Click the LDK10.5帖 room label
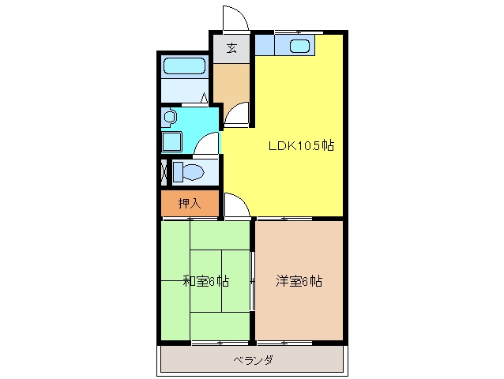(301, 146)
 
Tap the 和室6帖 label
(206, 281)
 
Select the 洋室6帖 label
(299, 281)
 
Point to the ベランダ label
(254, 360)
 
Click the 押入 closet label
(190, 203)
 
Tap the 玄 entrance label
(231, 48)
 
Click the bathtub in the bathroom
(184, 66)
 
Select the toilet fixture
(188, 172)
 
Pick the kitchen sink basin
(299, 46)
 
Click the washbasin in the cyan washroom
(169, 117)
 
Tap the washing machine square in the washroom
(172, 141)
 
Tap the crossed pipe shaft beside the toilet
(164, 172)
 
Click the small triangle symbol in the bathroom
(204, 98)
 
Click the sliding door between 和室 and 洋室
(253, 281)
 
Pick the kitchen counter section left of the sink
(265, 45)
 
